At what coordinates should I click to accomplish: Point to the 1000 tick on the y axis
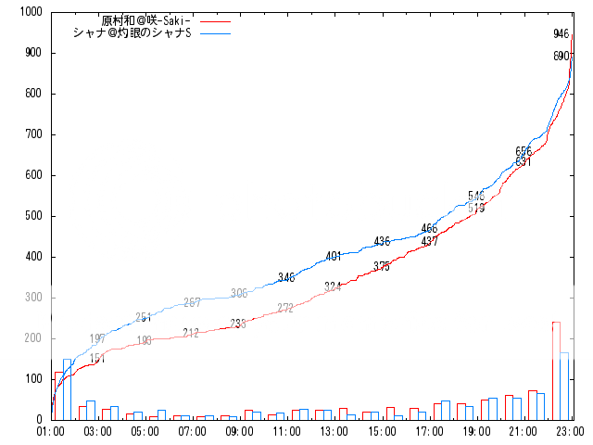[x=31, y=12]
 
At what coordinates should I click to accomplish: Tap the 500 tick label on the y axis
[x=33, y=216]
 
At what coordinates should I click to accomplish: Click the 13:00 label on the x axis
[x=334, y=431]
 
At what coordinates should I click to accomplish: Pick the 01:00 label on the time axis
[x=51, y=431]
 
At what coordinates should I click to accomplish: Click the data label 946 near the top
[x=561, y=34]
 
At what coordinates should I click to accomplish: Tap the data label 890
[x=561, y=57]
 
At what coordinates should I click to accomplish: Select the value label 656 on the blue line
[x=524, y=151]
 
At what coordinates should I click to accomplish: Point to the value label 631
[x=524, y=162]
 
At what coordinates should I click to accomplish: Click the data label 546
[x=475, y=196]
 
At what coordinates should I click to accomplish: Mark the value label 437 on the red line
[x=429, y=242]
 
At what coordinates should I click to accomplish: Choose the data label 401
[x=334, y=256]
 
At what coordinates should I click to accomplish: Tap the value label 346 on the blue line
[x=285, y=277]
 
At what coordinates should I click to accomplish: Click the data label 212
[x=191, y=333]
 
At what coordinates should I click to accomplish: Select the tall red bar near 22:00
[x=556, y=370]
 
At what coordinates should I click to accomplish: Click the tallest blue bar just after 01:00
[x=68, y=389]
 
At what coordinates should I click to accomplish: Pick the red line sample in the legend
[x=214, y=20]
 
